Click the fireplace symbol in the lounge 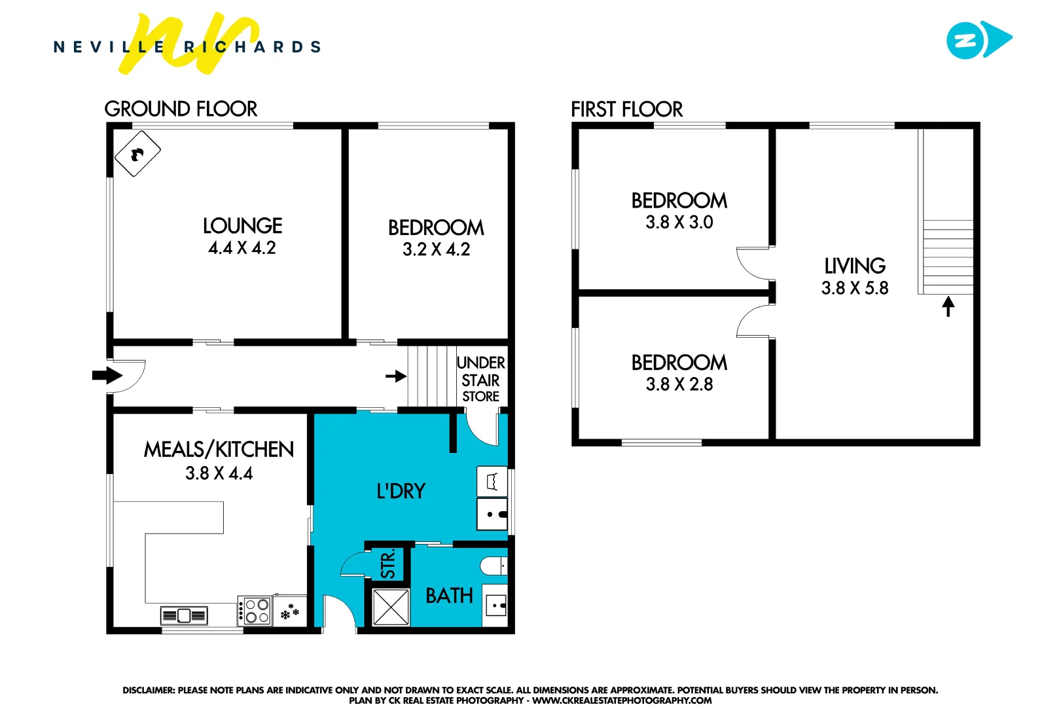pos(137,154)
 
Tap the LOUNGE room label pos(242,226)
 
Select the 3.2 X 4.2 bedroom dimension pos(436,249)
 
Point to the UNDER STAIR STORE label pos(481,379)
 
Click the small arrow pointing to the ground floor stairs pos(396,376)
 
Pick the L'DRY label pos(401,491)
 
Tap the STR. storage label pos(388,564)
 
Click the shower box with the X pos(391,607)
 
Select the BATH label pos(449,596)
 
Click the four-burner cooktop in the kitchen pos(255,611)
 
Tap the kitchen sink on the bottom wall pos(184,615)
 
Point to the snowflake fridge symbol pos(289,613)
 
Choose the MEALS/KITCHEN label pos(219,450)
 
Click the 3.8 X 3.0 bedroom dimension pos(679,223)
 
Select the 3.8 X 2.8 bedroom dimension pos(679,384)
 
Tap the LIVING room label pos(855,266)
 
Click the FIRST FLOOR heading pos(626,109)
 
